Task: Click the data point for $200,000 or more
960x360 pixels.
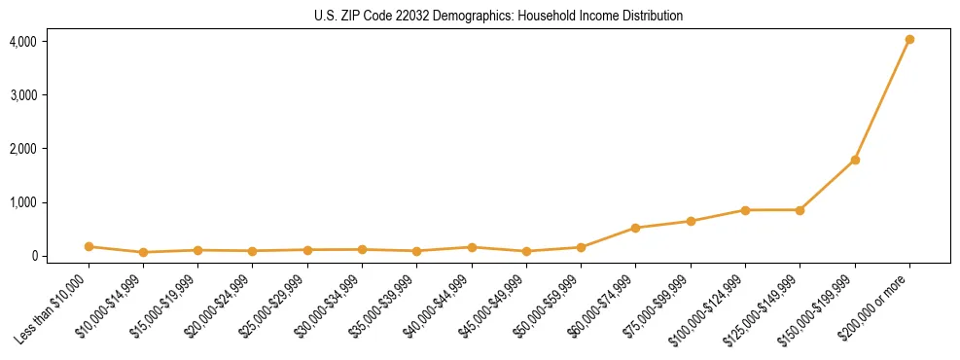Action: [x=909, y=40]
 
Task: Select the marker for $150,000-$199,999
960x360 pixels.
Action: [x=855, y=160]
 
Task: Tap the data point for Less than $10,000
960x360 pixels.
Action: [x=89, y=247]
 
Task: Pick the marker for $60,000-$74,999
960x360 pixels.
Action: [x=636, y=228]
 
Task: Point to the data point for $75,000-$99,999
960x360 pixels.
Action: [x=691, y=221]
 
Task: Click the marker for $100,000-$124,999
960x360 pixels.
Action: [x=745, y=210]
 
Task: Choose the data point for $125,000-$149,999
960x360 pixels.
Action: [x=800, y=210]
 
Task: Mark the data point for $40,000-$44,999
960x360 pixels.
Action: [x=472, y=247]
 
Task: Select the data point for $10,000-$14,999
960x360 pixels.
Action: [x=143, y=252]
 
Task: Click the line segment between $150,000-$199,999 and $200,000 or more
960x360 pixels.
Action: [x=882, y=100]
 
